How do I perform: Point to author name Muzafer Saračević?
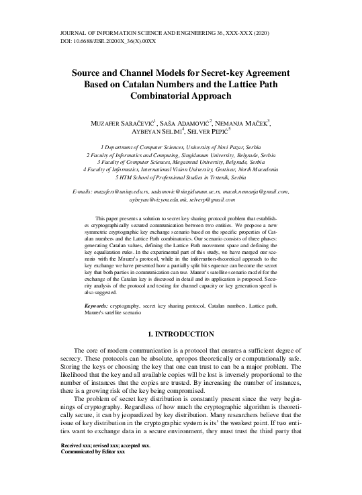click(x=125, y=123)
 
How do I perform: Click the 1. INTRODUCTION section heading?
click(x=181, y=334)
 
